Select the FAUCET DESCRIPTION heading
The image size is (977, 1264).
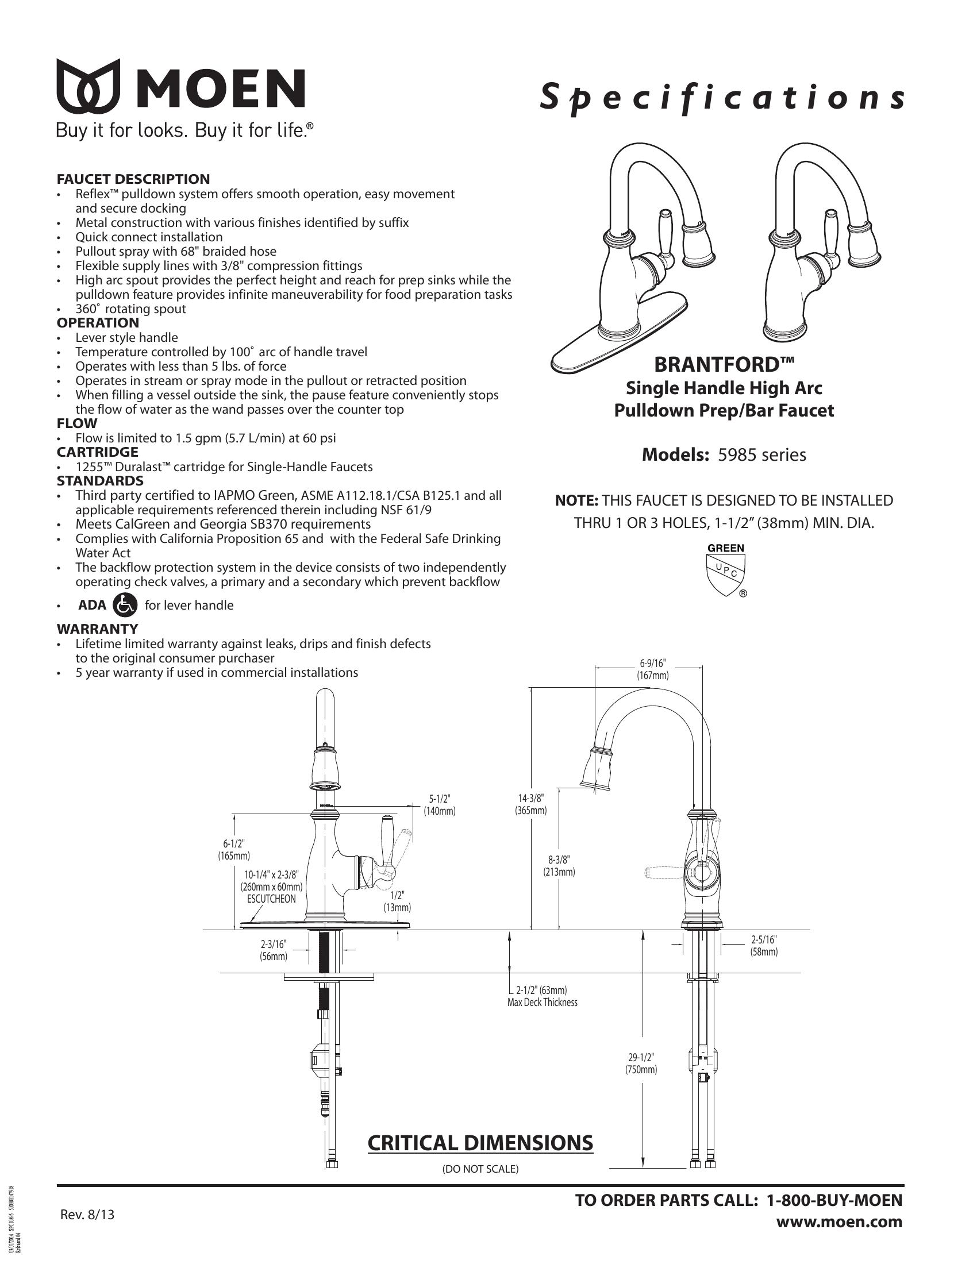[133, 179]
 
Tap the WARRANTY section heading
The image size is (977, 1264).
[97, 629]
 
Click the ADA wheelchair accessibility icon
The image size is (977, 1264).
[125, 605]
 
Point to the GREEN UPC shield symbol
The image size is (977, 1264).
[726, 571]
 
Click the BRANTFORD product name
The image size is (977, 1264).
[724, 365]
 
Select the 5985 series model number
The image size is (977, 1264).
[761, 455]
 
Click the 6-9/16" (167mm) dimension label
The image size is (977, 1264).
[653, 669]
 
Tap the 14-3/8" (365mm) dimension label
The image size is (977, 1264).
[531, 804]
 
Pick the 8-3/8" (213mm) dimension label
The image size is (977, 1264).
[559, 866]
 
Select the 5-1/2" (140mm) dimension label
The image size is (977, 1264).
[439, 804]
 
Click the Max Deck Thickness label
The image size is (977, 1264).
[542, 1003]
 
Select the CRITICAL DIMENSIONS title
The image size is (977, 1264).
[480, 1143]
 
